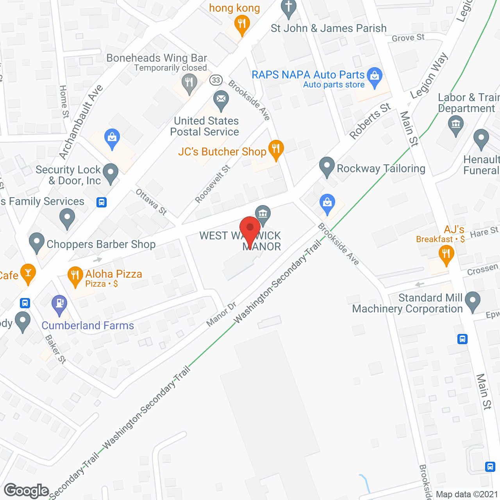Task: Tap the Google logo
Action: [x=27, y=491]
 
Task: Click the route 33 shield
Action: [x=216, y=80]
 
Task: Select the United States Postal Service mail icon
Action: [x=221, y=99]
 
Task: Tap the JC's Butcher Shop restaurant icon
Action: [x=276, y=149]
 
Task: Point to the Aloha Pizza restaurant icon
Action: [x=75, y=275]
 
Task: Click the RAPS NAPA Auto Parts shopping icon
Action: [x=375, y=76]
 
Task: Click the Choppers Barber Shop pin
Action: [x=37, y=242]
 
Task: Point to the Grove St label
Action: [x=408, y=38]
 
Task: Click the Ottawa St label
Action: [x=151, y=202]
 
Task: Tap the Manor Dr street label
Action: [x=221, y=314]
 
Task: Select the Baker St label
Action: [x=55, y=349]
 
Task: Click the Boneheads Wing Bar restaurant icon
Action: [x=189, y=83]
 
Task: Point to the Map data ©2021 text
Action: [x=467, y=495]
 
